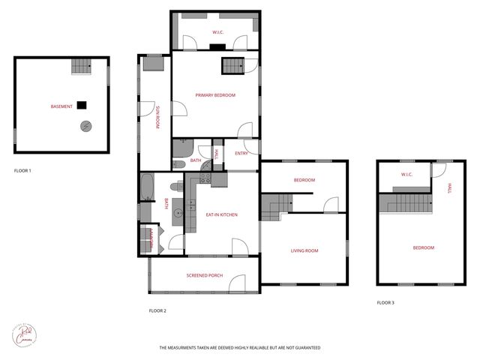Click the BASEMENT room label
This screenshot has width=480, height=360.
point(61,106)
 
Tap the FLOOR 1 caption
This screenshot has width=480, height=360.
point(22,171)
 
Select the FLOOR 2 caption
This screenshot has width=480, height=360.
point(157,310)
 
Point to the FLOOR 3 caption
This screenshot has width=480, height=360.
point(385,302)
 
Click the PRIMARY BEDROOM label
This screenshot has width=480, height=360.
point(215,95)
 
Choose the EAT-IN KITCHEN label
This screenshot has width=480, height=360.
point(221,215)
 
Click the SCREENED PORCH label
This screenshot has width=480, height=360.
point(205,276)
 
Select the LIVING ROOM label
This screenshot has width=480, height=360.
point(304,250)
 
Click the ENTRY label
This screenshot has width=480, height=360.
point(241,153)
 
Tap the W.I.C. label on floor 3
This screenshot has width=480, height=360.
point(407,175)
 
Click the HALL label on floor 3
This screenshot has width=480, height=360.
point(449,189)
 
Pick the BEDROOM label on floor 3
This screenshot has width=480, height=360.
point(424,247)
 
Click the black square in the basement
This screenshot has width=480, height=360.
point(82,106)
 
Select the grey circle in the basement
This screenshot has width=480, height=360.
point(87,126)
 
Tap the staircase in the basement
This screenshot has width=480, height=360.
point(81,67)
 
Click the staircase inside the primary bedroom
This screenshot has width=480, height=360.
point(232,67)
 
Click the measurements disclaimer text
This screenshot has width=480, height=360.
point(239,348)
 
